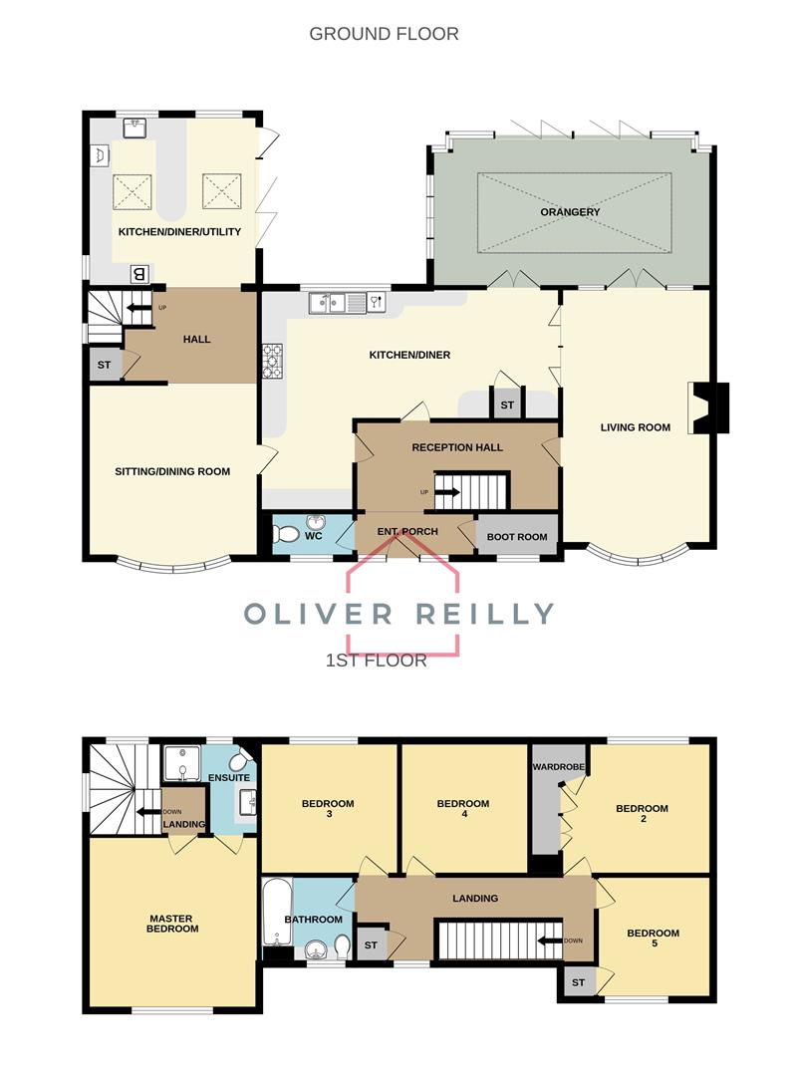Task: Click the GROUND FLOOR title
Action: [x=384, y=34]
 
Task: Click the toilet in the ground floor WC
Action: [x=281, y=534]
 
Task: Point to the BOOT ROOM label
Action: [x=517, y=536]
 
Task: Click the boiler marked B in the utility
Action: [x=139, y=274]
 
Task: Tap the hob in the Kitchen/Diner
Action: [x=272, y=361]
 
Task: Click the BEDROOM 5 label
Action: [x=653, y=939]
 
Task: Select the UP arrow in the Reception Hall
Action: [x=445, y=492]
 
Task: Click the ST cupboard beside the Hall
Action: [x=104, y=365]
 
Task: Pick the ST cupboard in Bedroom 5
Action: [x=578, y=982]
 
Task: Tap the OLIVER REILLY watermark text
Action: [x=399, y=614]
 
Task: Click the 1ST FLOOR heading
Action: [x=376, y=660]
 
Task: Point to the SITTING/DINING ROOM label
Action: [x=172, y=471]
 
